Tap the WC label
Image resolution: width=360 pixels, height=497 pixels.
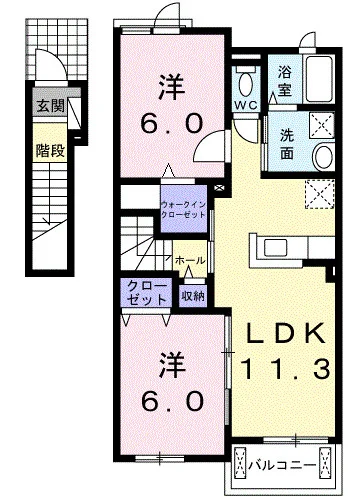coord(246,104)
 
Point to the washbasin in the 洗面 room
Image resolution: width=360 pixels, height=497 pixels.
coord(323,156)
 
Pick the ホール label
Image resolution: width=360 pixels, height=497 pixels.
coord(190,260)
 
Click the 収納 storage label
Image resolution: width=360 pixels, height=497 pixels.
coord(193,295)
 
